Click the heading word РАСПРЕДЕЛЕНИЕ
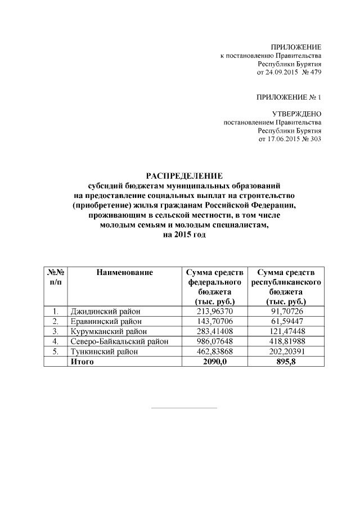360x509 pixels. coord(179,175)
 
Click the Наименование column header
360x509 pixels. coord(124,273)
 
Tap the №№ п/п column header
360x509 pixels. coord(56,277)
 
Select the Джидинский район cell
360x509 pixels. coord(105,311)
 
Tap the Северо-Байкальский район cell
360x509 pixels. coord(119,341)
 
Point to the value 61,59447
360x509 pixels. coord(286,321)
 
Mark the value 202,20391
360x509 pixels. coord(286,352)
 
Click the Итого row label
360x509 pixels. coord(82,362)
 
